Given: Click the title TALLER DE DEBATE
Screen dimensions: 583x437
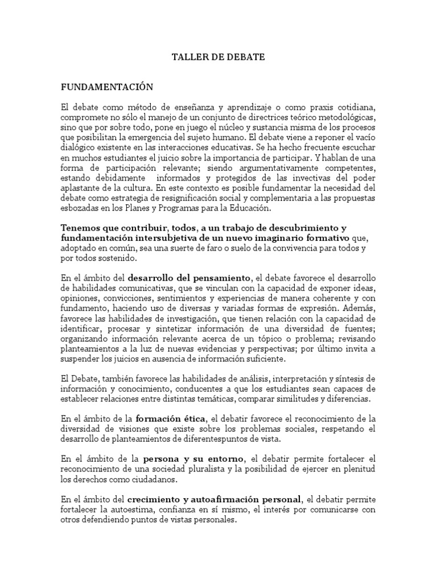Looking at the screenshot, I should (x=218, y=58).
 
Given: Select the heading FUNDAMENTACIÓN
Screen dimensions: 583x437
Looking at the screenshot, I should (x=107, y=87).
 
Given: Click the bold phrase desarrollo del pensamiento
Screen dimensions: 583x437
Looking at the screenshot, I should (x=189, y=278).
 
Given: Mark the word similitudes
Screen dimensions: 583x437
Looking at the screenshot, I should (x=298, y=399).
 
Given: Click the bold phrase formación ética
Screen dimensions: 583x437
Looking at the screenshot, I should (x=175, y=420).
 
